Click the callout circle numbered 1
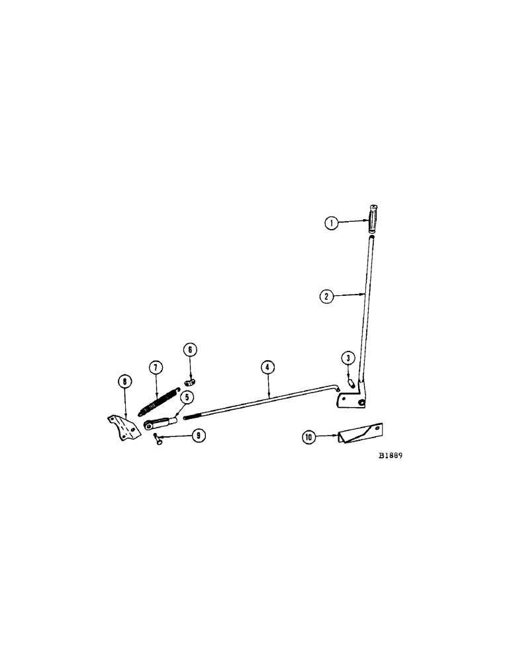332,223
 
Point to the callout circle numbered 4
267,366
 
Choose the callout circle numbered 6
190,349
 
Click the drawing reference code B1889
391,457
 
